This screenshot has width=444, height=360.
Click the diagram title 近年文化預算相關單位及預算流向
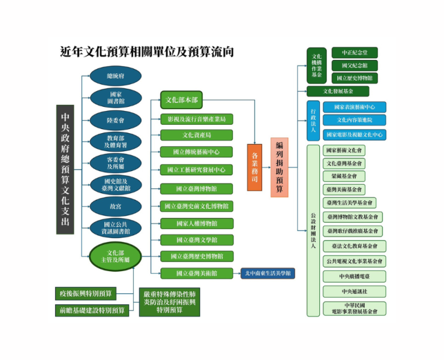coord(147,52)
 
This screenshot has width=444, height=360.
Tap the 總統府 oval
coord(115,76)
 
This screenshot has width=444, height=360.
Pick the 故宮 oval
coord(115,206)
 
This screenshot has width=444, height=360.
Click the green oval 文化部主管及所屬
coord(115,256)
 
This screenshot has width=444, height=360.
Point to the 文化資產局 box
coord(196,135)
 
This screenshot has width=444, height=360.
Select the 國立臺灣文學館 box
coord(196,239)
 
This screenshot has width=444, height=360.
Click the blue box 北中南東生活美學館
coord(268,274)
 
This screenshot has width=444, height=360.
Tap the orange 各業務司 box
coord(254,167)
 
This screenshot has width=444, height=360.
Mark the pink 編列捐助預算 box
coord(280,167)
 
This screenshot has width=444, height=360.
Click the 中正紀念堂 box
coord(356,53)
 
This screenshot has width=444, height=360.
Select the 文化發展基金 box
coord(338,91)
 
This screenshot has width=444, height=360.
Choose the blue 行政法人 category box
coord(313,121)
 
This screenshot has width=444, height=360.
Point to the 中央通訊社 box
coord(354,292)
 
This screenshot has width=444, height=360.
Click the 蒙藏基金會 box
coord(344,176)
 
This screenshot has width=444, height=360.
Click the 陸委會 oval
coord(115,120)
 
